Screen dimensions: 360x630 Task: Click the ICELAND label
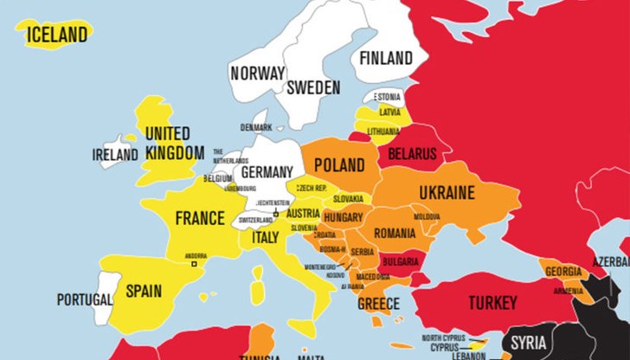point(58,35)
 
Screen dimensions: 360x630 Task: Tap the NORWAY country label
point(257,74)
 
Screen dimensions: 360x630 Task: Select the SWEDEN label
point(313,87)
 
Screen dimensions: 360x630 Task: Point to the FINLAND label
point(385,59)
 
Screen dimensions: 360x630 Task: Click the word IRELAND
point(115,155)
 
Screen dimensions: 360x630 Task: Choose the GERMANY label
point(267,172)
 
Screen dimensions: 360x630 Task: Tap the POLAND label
point(338,164)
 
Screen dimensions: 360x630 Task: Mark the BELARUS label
point(412,153)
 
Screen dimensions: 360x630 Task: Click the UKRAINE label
point(446,192)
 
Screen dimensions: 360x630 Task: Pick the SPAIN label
point(144,291)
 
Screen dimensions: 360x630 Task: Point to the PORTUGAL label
point(85,300)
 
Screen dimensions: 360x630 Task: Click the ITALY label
point(265,236)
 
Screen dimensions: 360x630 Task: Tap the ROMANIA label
point(395,234)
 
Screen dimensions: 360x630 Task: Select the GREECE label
point(378,304)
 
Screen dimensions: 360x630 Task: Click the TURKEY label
point(492,303)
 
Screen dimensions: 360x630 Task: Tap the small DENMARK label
point(256,128)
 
